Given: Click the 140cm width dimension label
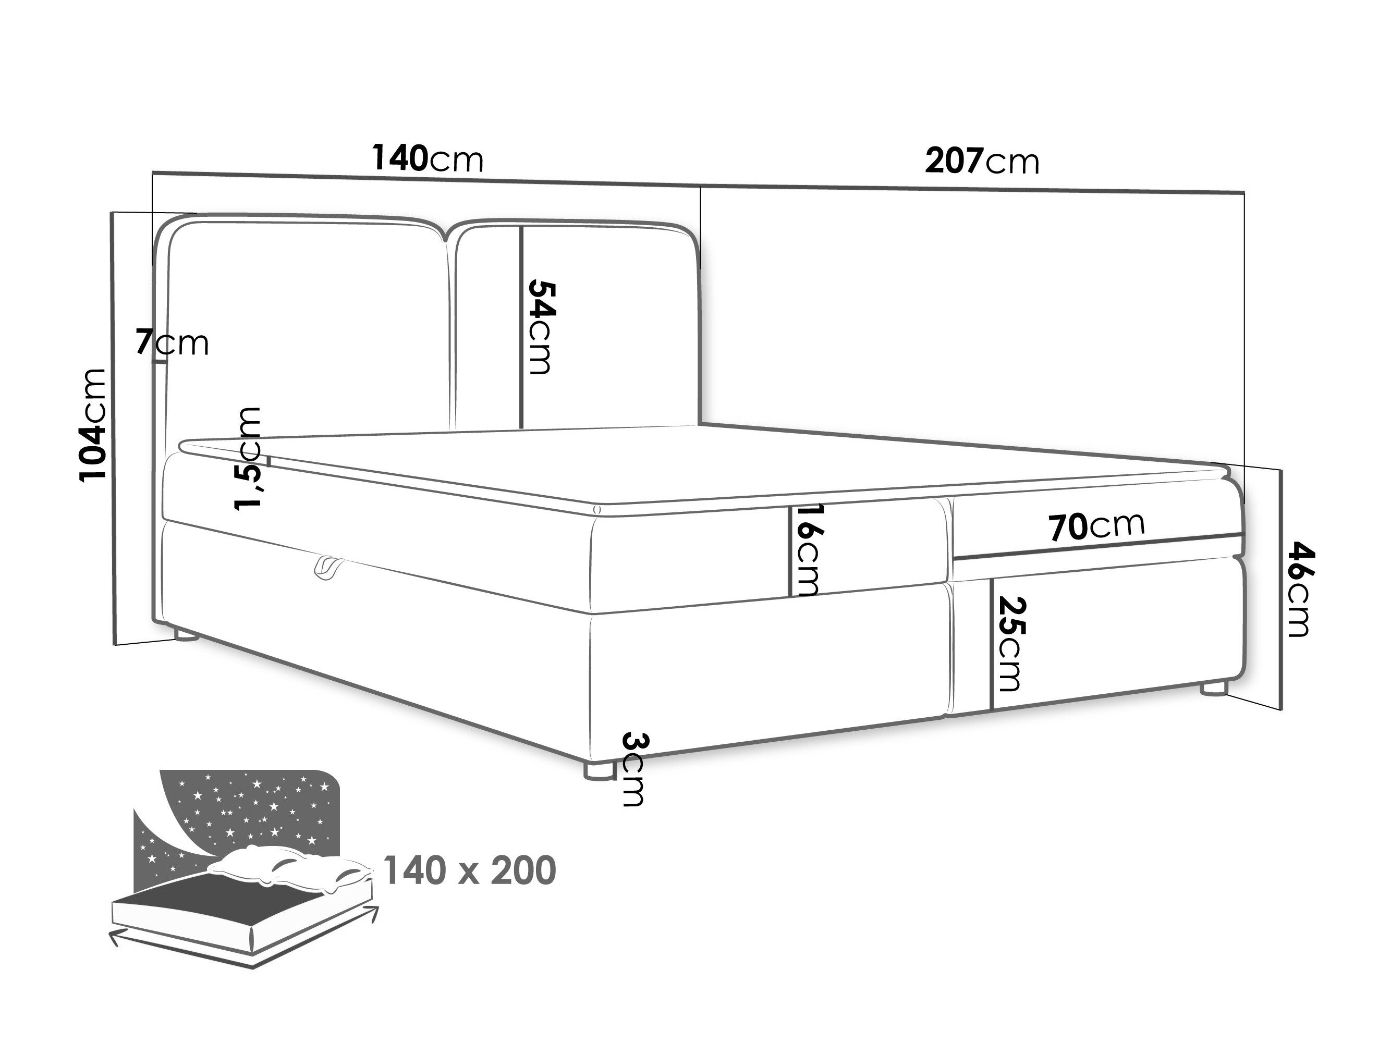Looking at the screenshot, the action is click(428, 158).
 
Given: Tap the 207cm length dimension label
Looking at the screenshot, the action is click(982, 162).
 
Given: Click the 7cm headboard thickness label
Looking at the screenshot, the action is click(172, 343).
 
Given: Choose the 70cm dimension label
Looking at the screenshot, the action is click(1096, 526).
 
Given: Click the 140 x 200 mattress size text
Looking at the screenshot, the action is click(469, 871).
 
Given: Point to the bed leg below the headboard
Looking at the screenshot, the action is click(186, 634).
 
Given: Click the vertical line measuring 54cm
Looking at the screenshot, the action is click(521, 327).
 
